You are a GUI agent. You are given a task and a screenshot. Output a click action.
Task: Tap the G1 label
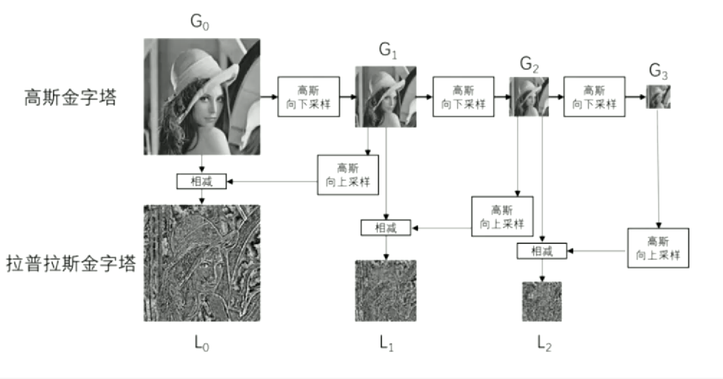click(x=388, y=50)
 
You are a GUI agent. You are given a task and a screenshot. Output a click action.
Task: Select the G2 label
click(x=529, y=65)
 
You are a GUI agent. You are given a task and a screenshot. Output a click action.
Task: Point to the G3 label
click(x=658, y=72)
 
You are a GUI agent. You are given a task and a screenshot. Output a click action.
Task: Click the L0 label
click(x=202, y=343)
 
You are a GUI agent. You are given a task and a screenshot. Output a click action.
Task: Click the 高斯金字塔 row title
click(x=70, y=98)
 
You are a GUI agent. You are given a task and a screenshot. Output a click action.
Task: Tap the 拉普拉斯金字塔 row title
click(x=71, y=264)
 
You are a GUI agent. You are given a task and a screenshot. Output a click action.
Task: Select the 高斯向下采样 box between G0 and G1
click(x=309, y=96)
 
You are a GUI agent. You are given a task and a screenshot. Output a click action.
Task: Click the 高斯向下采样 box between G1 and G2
click(x=463, y=96)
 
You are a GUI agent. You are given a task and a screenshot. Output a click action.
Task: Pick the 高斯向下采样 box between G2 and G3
click(x=594, y=96)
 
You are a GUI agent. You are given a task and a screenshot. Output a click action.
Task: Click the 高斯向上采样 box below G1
click(x=348, y=175)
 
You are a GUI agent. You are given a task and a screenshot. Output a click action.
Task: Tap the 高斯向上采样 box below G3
click(x=658, y=248)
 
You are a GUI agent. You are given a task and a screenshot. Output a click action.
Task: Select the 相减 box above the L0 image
click(x=201, y=181)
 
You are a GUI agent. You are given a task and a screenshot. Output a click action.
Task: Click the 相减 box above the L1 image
click(x=386, y=227)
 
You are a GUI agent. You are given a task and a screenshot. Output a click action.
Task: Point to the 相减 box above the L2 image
click(x=541, y=251)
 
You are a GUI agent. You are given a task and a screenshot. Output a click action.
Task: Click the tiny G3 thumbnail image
click(x=658, y=96)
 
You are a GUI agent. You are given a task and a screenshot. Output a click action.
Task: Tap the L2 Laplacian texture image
click(x=541, y=301)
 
